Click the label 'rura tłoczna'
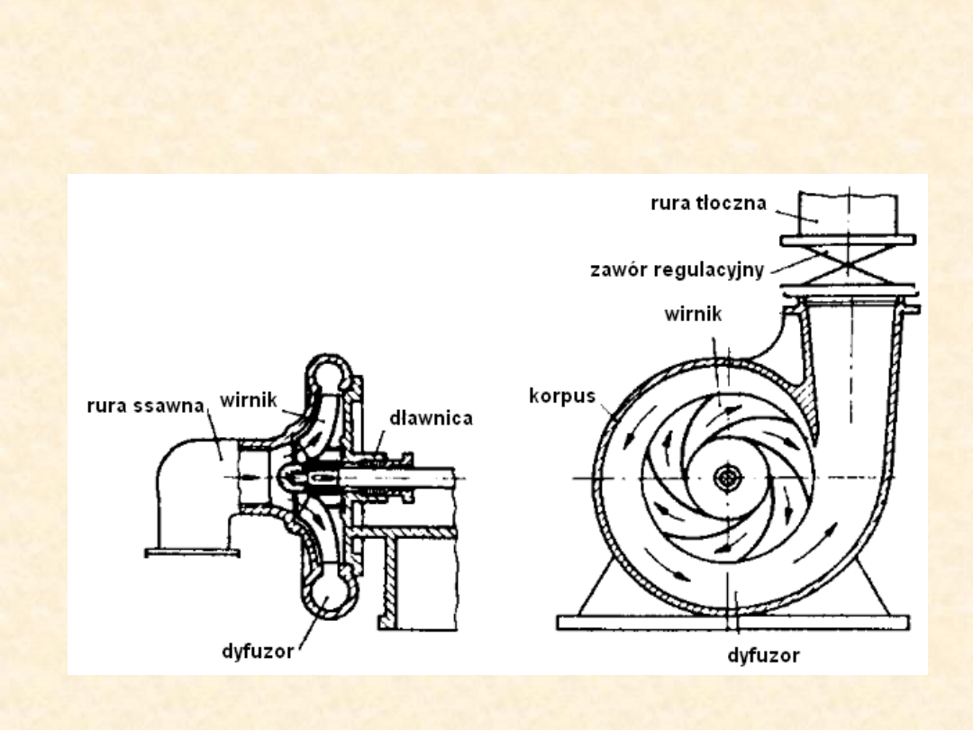708,203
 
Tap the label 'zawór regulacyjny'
677,269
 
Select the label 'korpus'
562,396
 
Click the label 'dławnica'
431,418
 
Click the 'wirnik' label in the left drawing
248,398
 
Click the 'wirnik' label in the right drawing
693,315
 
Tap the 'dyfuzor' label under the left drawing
258,651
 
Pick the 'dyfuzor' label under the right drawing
763,655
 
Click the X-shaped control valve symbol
848,266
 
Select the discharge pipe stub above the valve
848,212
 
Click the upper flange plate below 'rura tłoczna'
848,240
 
